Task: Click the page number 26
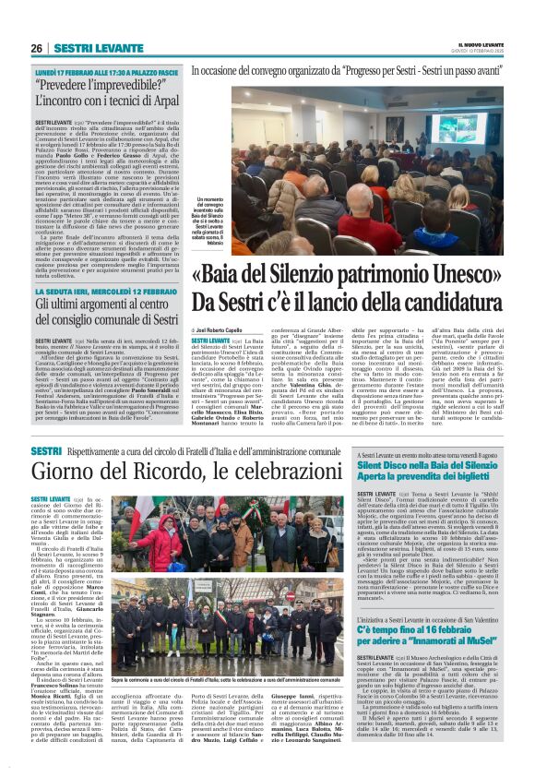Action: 36,48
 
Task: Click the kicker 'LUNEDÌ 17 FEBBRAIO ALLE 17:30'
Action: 78,71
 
